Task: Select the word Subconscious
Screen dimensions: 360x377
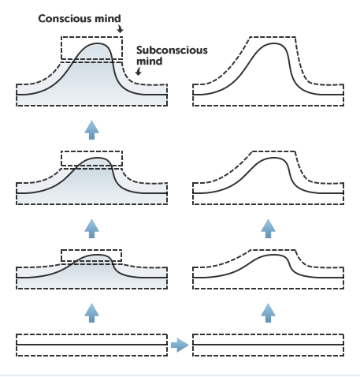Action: [x=172, y=50]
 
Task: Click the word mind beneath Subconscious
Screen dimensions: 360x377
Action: [x=150, y=62]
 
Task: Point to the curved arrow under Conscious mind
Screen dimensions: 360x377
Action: [x=120, y=28]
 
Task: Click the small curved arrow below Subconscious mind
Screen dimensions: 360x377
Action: [x=139, y=71]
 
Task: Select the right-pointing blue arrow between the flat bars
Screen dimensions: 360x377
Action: [x=180, y=345]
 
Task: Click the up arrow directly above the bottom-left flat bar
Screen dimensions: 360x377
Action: [x=91, y=313]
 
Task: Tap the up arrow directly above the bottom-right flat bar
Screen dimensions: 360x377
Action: [x=268, y=313]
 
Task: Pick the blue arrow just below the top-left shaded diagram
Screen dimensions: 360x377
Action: [x=91, y=130]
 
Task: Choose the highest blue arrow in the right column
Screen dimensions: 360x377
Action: [x=268, y=229]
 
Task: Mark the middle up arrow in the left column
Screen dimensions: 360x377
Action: [x=91, y=229]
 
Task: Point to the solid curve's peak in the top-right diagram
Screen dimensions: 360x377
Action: [x=273, y=43]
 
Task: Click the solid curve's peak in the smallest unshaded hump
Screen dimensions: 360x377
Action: [x=273, y=255]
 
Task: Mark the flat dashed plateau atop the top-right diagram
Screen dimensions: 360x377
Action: [x=273, y=37]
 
